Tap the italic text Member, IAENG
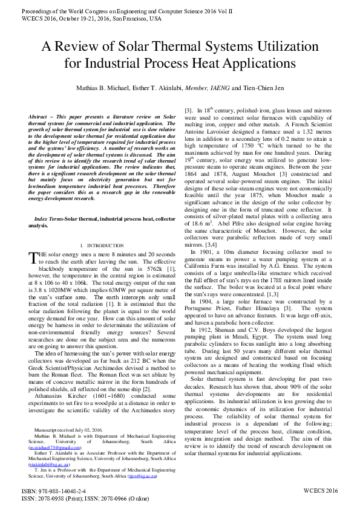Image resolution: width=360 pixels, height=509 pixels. (x=208, y=88)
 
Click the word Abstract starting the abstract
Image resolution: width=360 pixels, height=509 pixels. (x=40, y=115)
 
